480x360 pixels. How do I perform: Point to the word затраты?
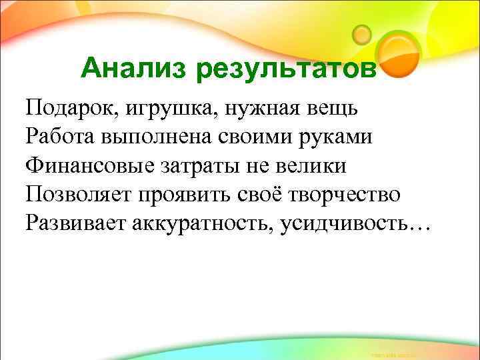pos(201,166)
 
